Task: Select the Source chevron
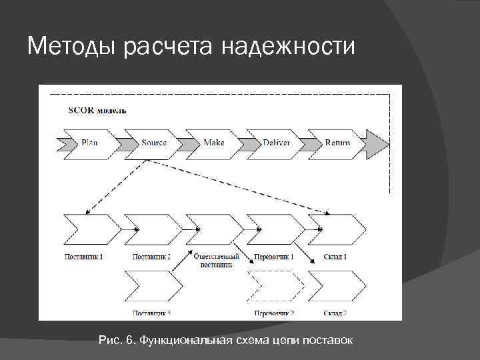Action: [154, 142]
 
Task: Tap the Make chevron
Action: [215, 142]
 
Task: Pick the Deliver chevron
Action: [276, 142]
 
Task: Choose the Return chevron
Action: [337, 142]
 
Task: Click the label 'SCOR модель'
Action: [97, 110]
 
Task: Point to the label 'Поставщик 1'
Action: [84, 257]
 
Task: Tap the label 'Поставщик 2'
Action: [151, 257]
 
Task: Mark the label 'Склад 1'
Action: [335, 257]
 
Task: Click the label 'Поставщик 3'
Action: [151, 313]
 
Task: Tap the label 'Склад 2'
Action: [335, 313]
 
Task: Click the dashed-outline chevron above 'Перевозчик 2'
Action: [276, 287]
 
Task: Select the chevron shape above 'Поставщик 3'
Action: [152, 287]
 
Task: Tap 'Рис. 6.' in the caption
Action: [117, 341]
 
